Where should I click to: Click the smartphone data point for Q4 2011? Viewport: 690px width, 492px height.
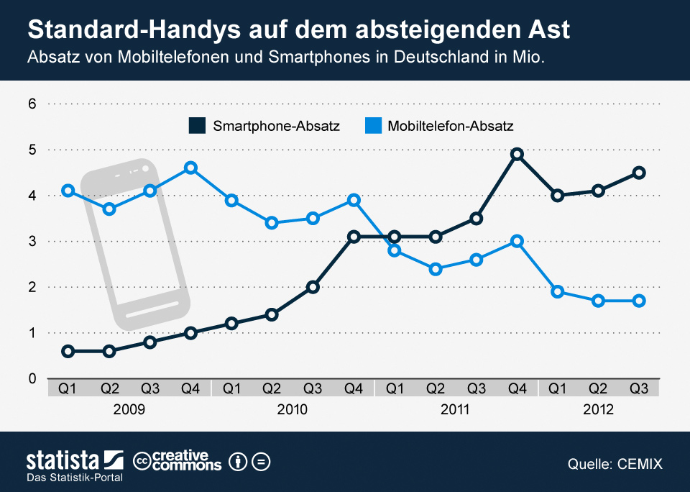coord(517,154)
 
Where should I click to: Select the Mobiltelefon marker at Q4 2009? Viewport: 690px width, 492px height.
coord(190,168)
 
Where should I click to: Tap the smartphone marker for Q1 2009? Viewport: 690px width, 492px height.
coord(68,351)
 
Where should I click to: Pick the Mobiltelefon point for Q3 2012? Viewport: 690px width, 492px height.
coord(639,301)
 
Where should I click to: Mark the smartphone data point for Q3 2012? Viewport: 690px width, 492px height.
coord(639,173)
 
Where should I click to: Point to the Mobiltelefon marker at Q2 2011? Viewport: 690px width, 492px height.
coord(435,269)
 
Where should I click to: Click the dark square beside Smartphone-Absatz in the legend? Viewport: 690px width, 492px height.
coord(195,126)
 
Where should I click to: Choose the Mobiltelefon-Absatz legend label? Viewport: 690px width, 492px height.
coord(451,126)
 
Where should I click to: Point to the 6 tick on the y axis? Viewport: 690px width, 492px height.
coord(32,104)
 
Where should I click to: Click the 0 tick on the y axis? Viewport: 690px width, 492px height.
coord(32,378)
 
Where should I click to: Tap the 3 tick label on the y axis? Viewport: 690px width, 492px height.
coord(32,241)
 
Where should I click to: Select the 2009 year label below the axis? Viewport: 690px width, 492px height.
coord(129,410)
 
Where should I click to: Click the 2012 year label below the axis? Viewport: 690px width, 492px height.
coord(598,410)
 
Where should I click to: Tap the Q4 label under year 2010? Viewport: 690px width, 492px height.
coord(353,388)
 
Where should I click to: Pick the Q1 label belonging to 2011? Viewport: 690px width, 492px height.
coord(394,388)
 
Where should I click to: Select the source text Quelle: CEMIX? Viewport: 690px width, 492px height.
coord(615,464)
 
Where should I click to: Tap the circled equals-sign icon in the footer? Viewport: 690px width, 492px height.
coord(261,461)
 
